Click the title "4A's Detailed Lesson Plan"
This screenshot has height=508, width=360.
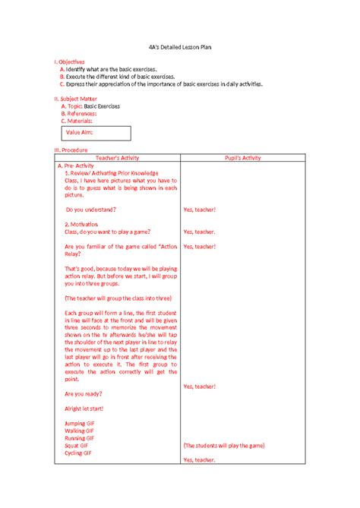pyautogui.click(x=180, y=47)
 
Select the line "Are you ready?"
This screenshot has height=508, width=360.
pyautogui.click(x=84, y=394)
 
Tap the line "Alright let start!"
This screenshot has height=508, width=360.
pyautogui.click(x=84, y=409)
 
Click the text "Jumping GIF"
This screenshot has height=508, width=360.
pyautogui.click(x=80, y=423)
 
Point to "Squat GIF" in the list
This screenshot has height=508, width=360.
pyautogui.click(x=77, y=446)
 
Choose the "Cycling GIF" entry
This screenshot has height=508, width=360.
pyautogui.click(x=79, y=453)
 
